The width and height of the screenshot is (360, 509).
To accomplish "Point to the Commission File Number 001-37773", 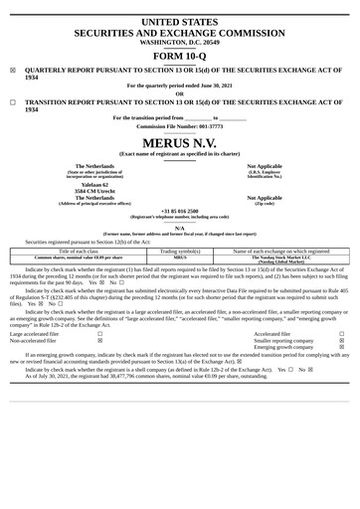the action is [179, 126].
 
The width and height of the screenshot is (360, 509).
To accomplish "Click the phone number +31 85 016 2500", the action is [179, 211].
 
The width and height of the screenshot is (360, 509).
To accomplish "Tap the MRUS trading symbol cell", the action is [179, 256].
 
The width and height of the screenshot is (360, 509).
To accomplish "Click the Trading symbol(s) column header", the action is [179, 251].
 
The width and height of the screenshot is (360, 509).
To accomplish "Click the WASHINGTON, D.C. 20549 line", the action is [179, 43].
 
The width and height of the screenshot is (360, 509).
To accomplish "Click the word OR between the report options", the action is [179, 94].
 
